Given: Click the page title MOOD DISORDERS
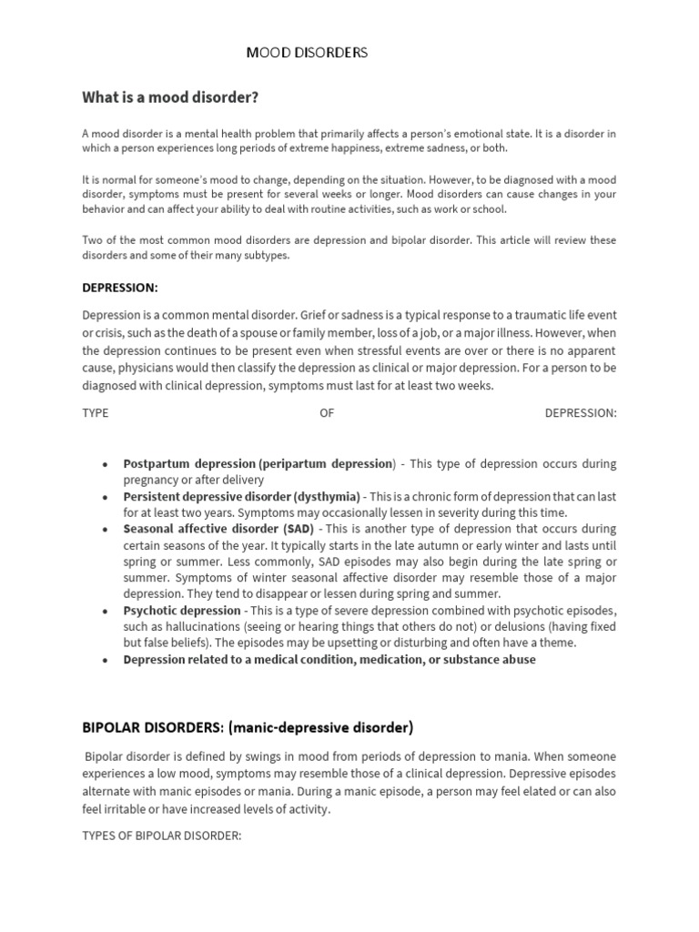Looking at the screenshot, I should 307,53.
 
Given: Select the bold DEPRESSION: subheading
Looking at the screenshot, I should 120,288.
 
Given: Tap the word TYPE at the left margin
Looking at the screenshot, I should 96,412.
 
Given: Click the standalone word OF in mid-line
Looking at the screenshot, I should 327,412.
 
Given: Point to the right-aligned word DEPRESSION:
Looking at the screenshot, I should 580,412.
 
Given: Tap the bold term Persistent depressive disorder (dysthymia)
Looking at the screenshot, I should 242,496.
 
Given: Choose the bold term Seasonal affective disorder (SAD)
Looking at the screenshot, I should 218,529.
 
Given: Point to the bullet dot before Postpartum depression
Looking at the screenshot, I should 107,464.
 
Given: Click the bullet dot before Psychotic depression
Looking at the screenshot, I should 107,611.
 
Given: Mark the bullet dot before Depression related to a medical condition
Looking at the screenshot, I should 107,660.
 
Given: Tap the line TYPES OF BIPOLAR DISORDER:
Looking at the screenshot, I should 162,835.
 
